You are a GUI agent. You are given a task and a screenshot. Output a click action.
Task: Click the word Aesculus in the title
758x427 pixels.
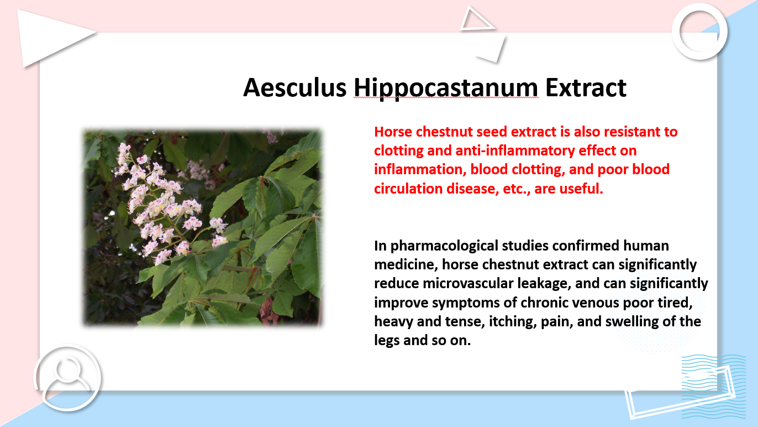294,88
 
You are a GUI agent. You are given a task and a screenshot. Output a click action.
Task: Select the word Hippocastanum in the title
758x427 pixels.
446,89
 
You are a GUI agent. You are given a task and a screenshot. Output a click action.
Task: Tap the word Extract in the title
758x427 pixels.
586,88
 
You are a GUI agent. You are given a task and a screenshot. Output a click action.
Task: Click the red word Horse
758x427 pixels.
393,132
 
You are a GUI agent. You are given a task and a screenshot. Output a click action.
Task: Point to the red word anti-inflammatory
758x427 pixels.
515,151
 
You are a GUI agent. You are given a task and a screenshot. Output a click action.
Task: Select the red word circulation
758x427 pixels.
408,189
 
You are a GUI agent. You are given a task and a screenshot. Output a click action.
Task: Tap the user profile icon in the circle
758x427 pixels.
67,377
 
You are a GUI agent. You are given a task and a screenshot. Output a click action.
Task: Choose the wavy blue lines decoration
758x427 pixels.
714,386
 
